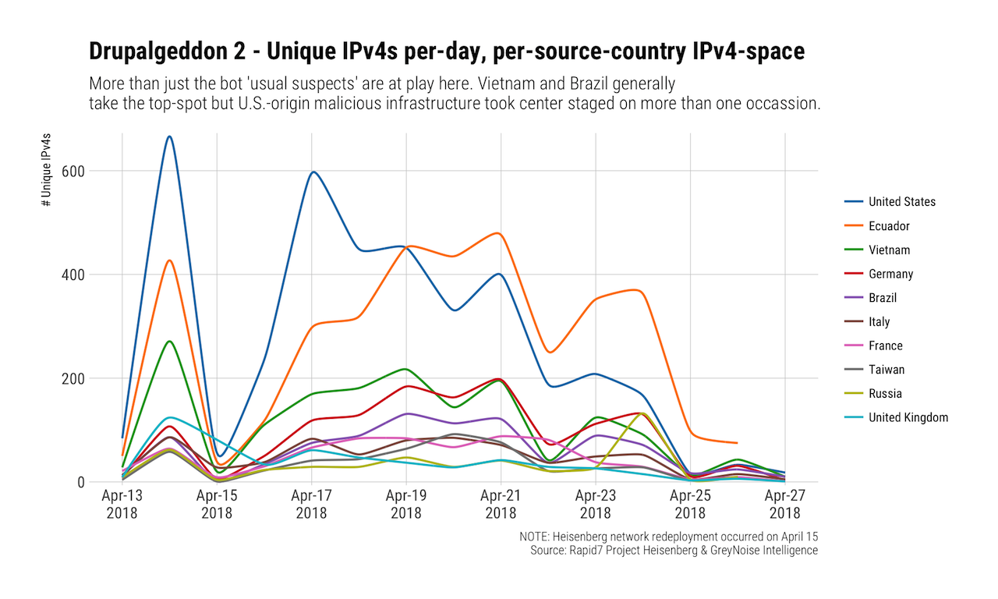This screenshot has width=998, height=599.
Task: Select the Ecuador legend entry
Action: [889, 226]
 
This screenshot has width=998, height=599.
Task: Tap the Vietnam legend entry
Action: [889, 250]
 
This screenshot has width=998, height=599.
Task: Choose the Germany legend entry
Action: [890, 274]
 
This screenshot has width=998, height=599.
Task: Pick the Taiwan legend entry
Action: [887, 370]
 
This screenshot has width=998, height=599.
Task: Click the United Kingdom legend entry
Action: [908, 417]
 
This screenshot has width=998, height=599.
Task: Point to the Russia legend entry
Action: [886, 394]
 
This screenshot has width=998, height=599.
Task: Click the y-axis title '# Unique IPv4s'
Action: [48, 169]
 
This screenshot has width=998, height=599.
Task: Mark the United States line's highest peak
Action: [169, 136]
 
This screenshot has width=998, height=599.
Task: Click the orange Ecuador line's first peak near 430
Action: [169, 261]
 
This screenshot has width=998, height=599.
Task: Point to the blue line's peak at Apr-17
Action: [313, 172]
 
